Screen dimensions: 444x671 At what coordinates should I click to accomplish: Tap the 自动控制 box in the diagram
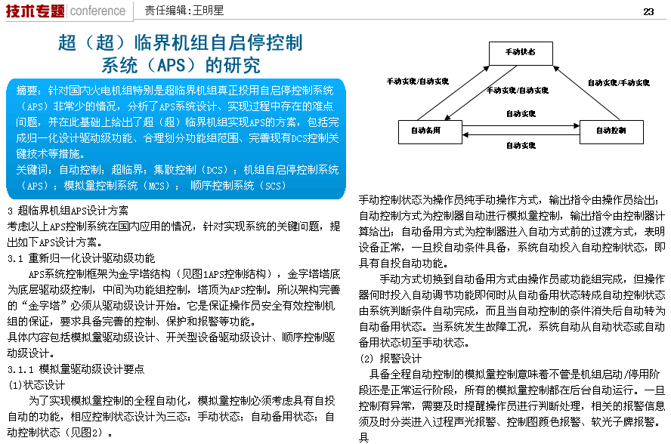click(611, 131)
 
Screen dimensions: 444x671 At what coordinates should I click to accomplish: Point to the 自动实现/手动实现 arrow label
click(619, 82)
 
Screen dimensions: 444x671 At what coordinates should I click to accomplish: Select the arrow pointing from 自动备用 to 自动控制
click(521, 122)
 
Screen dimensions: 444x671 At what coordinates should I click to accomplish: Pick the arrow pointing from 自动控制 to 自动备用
click(521, 136)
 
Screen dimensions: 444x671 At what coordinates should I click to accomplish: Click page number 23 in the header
click(648, 11)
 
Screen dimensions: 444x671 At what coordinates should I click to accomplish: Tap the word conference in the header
click(97, 11)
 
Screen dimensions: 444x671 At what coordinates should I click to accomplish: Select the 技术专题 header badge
click(35, 11)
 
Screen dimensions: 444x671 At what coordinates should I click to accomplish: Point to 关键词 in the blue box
click(32, 170)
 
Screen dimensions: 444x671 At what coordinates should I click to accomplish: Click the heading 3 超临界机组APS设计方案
click(67, 210)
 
